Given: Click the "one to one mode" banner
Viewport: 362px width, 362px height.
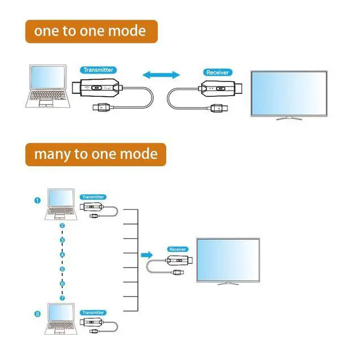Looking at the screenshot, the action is click(92, 32).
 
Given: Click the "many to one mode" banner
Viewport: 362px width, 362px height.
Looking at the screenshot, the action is click(96, 154).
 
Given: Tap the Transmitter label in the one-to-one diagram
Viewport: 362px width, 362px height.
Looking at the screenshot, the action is click(98, 70).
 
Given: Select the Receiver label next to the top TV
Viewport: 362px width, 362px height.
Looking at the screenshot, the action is click(217, 72).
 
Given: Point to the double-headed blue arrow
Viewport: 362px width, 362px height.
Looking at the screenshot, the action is click(161, 75).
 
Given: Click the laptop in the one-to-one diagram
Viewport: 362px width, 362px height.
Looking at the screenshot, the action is click(48, 86).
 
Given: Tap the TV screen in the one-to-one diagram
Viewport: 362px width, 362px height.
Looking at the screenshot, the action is click(289, 93).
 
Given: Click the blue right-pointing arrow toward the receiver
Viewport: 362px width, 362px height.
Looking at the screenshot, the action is click(147, 255).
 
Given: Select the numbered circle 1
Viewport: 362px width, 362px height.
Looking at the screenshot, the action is click(37, 200).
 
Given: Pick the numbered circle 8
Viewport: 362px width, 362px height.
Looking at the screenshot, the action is click(37, 314).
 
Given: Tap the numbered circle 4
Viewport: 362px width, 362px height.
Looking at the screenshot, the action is click(62, 255).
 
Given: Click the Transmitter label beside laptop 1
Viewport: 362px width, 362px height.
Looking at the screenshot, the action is click(93, 197).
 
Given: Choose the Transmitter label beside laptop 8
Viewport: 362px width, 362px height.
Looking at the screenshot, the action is click(93, 313).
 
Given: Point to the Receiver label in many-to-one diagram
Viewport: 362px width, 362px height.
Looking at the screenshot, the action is click(178, 249).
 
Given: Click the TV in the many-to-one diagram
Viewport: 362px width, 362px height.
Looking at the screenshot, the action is click(228, 261).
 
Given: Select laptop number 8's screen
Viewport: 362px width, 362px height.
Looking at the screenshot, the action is click(61, 312).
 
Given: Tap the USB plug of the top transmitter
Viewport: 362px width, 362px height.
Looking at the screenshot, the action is click(103, 107).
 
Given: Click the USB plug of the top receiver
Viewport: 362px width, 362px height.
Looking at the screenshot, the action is click(219, 108).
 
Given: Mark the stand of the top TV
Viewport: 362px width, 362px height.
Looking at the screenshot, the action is click(289, 118).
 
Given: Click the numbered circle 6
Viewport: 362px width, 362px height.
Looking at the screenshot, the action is click(62, 283).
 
